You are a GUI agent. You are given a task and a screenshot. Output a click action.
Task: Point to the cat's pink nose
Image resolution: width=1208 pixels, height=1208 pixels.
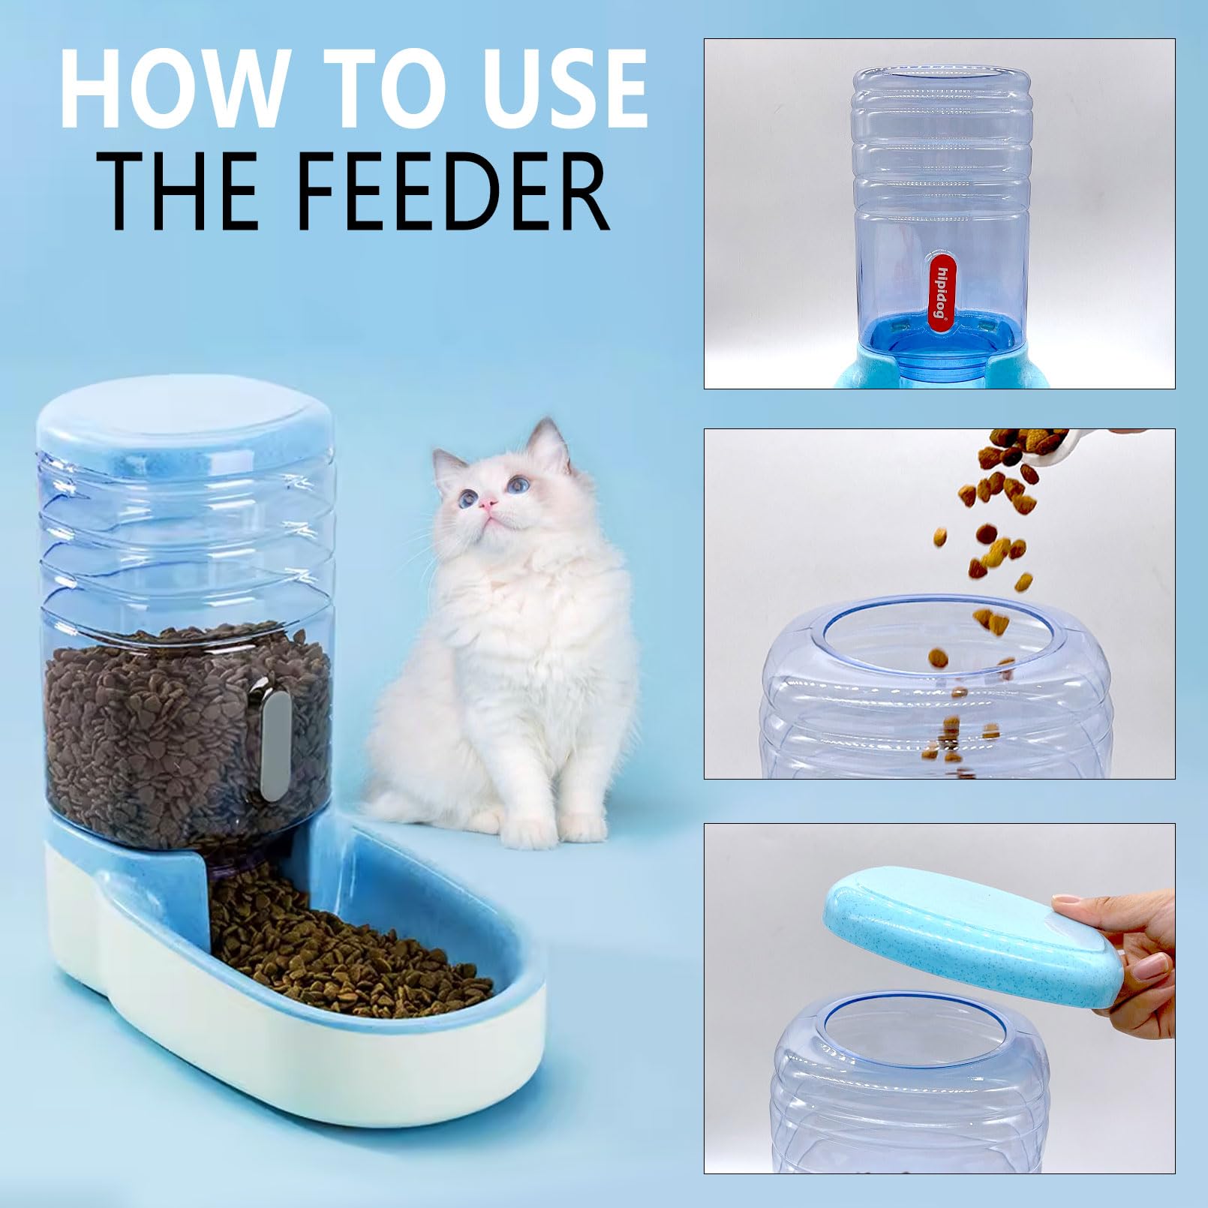click(488, 503)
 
